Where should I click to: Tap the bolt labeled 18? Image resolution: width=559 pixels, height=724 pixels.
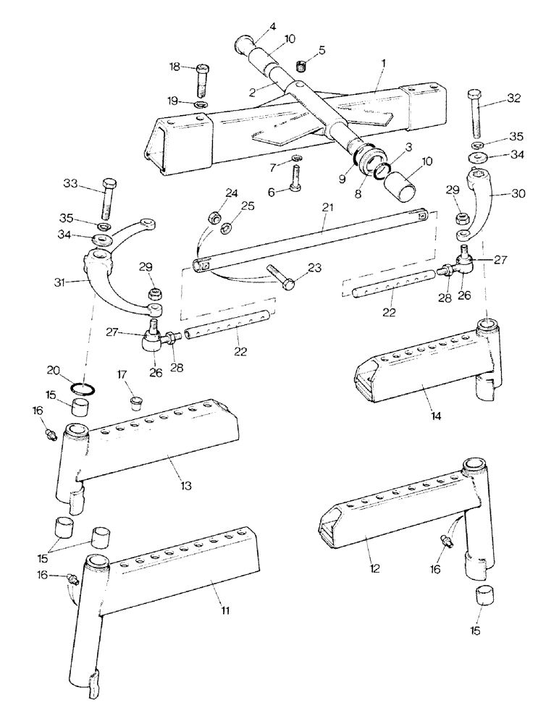[203, 80]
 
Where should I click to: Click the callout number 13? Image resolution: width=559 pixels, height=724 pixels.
[187, 484]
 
